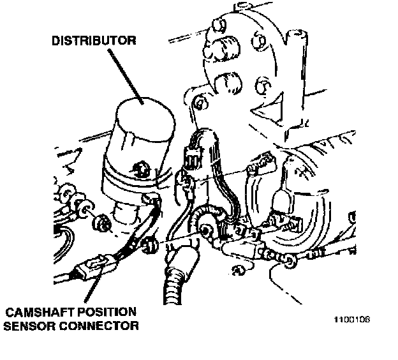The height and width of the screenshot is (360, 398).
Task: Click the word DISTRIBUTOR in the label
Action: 93,41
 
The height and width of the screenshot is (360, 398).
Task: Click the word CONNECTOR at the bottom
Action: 103,326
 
